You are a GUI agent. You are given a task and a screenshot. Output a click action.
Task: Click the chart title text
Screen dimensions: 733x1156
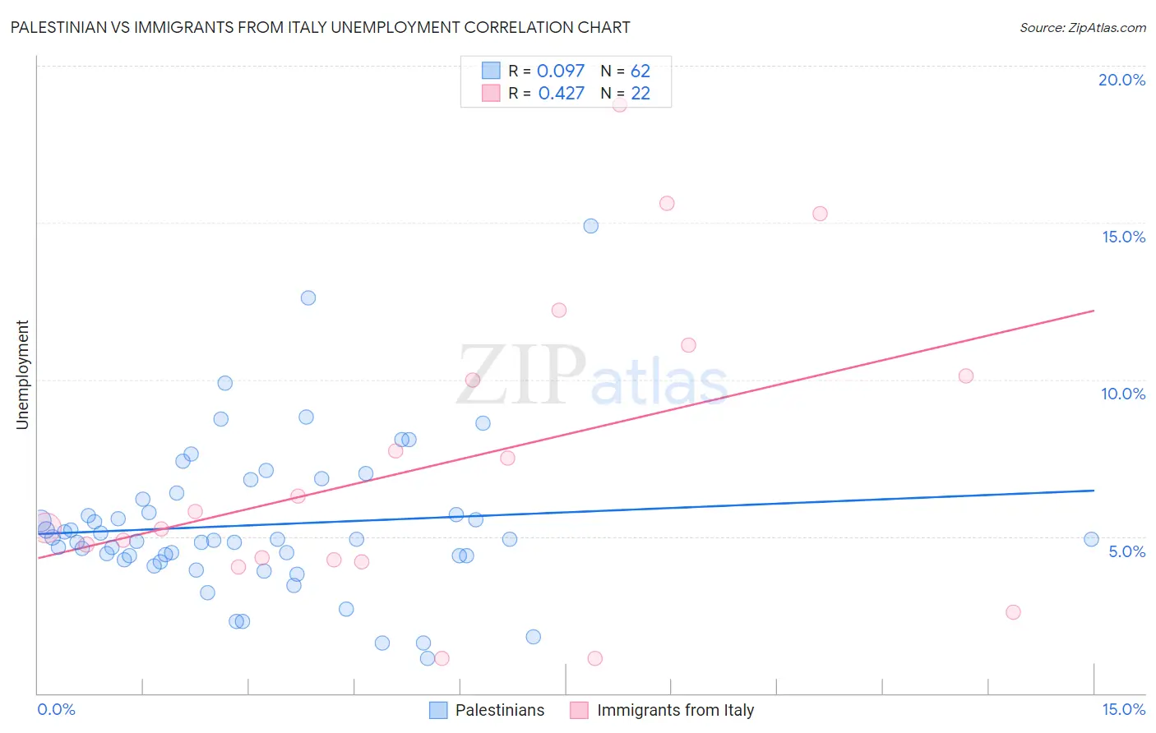320,27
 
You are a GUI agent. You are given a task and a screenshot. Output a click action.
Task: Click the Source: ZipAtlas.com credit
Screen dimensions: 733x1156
1082,28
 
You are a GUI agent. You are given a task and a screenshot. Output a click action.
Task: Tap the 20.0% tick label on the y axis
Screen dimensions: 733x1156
1121,80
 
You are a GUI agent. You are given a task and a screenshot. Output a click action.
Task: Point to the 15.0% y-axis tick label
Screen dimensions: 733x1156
1123,237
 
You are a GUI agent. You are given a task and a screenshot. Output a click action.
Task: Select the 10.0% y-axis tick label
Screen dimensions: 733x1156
1123,394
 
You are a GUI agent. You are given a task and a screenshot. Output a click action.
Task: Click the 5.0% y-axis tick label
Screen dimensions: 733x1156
1126,551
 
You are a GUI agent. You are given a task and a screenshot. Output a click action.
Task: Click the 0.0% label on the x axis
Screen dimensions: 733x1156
56,709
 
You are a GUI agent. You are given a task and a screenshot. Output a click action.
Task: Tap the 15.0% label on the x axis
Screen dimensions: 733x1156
1123,709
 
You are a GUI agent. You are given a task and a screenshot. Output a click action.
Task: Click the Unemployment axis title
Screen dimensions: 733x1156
22,375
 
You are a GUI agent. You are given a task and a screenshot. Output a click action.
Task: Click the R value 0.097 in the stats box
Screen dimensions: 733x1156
561,71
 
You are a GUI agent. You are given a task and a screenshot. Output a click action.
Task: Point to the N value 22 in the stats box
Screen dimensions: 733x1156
640,94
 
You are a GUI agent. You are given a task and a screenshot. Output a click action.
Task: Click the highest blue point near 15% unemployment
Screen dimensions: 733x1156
590,226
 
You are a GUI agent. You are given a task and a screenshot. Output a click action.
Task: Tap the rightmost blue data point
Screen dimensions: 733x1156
1091,539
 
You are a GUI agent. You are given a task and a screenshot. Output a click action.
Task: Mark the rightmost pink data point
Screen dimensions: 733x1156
1013,612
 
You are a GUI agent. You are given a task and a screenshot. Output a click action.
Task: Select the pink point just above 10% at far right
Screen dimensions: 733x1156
966,376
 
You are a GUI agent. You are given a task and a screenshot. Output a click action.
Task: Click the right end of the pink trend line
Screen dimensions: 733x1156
1094,311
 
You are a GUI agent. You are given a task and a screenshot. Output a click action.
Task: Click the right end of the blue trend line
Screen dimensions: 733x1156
1094,491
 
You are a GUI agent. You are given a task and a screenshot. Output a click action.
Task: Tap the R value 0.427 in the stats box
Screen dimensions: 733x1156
562,94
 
